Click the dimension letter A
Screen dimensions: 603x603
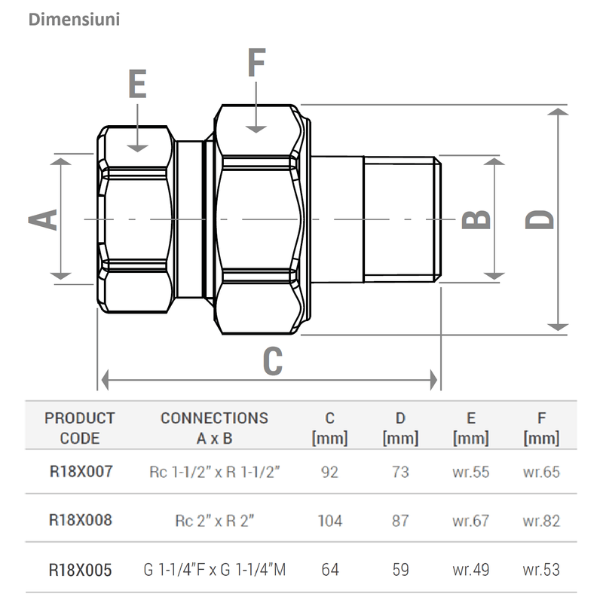(x=44, y=219)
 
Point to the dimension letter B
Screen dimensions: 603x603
(x=476, y=219)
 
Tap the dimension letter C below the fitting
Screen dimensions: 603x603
(x=272, y=361)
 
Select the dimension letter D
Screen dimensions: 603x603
(x=540, y=219)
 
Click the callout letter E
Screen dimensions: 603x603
(x=136, y=84)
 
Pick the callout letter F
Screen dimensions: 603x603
(x=256, y=63)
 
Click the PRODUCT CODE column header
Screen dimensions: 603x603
(x=80, y=427)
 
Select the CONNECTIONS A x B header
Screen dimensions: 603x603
(x=214, y=427)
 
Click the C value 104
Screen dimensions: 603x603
(x=329, y=521)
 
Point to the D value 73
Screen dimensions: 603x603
(x=400, y=472)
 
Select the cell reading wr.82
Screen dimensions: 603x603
(x=541, y=521)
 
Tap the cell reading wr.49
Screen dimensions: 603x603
(x=471, y=570)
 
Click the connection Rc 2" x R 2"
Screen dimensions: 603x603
(x=214, y=521)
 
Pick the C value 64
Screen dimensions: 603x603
(x=329, y=570)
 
